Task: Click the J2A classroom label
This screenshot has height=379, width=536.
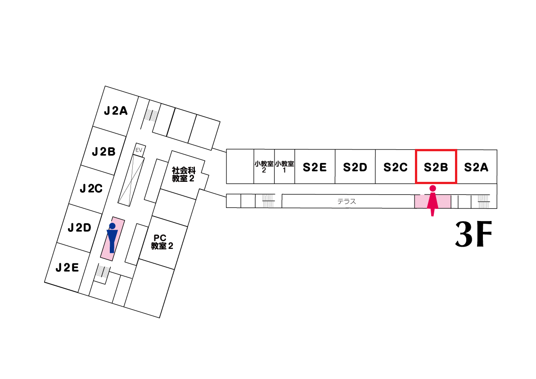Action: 116,111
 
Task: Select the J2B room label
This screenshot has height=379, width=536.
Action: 104,152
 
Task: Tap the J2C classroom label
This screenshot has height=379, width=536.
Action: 91,189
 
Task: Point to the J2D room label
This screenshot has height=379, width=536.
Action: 80,228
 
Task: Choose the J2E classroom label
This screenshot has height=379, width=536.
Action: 68,268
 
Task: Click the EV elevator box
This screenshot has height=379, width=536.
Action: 139,149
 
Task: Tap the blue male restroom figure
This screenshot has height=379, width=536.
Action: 112,237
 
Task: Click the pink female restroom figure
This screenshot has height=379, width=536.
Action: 432,200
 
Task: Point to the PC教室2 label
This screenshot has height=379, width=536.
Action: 162,242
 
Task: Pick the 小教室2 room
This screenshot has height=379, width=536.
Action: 264,167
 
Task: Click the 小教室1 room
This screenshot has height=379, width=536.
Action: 284,167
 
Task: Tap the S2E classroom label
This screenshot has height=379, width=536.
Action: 315,167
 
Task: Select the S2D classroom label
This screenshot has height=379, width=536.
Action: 355,167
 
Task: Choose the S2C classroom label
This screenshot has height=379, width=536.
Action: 396,167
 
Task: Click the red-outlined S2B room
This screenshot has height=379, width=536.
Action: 436,167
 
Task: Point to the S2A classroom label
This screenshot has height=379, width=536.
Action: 476,167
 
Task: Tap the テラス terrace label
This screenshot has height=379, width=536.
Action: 347,202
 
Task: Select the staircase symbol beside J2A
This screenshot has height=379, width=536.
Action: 152,114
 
